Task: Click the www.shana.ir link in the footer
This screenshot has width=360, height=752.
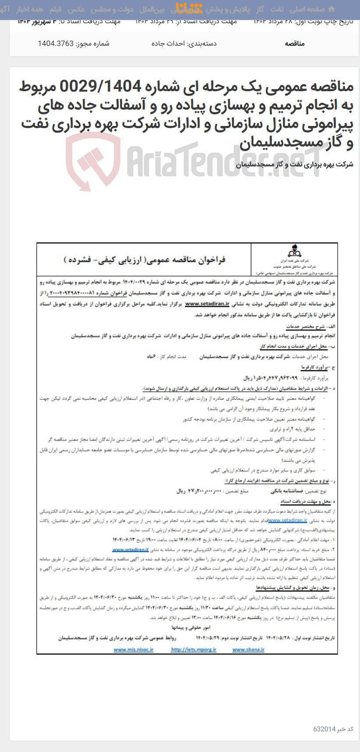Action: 248,650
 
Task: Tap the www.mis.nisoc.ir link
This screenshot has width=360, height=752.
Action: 133,650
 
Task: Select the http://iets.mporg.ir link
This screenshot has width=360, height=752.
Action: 193,650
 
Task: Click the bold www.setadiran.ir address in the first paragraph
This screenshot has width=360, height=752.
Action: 207,304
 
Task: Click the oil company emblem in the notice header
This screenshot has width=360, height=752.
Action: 294,252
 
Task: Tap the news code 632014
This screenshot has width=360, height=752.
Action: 324,729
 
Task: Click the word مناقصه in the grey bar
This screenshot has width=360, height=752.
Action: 295,43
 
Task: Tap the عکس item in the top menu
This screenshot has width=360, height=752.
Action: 76,9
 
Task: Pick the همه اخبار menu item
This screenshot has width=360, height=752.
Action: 31,9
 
